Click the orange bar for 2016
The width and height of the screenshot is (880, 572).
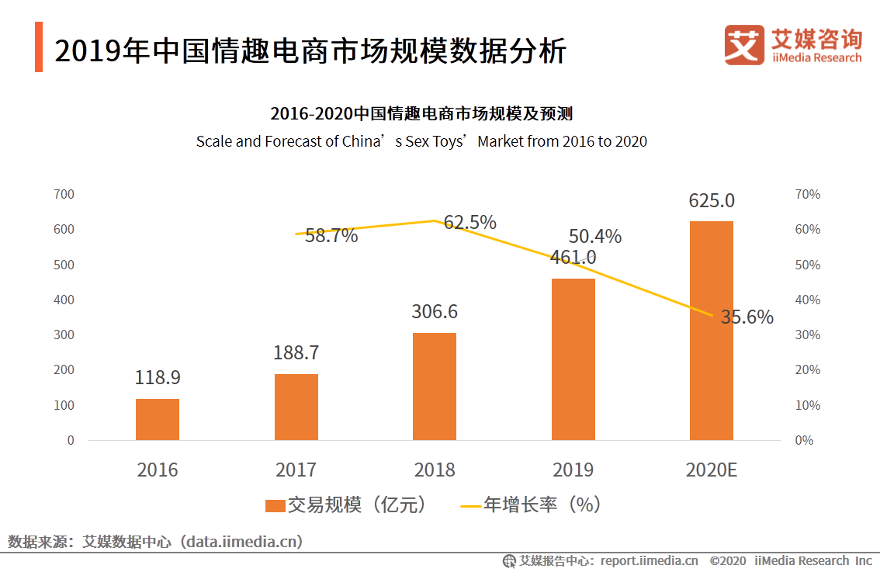tap(158, 419)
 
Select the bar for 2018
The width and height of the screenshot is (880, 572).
tap(435, 387)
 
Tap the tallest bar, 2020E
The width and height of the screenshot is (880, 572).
tap(712, 331)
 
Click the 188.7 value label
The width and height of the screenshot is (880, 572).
tap(296, 352)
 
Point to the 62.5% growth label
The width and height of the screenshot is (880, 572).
tap(470, 223)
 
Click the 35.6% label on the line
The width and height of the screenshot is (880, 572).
tap(747, 317)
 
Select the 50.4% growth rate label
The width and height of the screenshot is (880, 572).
tap(595, 236)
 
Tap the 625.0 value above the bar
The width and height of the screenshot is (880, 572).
tap(712, 200)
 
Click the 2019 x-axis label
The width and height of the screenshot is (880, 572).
tap(573, 470)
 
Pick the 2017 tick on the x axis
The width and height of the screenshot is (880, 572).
tap(296, 470)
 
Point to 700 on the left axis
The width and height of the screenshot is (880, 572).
tap(64, 194)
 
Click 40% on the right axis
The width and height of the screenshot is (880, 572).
tap(808, 300)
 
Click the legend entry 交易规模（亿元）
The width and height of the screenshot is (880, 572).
tap(345, 505)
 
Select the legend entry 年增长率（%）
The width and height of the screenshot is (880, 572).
tap(532, 505)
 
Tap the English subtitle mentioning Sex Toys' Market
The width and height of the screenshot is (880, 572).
tap(421, 141)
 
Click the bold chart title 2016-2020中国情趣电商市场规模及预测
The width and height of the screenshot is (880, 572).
tap(421, 113)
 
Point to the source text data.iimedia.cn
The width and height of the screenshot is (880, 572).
tap(241, 541)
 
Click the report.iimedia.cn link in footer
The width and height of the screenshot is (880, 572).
tap(649, 560)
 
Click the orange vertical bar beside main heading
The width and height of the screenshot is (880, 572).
tap(39, 47)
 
